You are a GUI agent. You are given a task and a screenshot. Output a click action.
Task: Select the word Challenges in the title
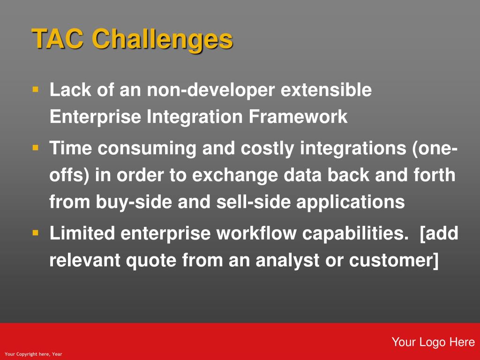pyautogui.click(x=162, y=39)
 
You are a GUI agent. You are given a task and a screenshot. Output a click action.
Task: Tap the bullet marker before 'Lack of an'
pyautogui.click(x=36, y=90)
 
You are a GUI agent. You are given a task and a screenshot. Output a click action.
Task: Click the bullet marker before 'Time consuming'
pyautogui.click(x=36, y=148)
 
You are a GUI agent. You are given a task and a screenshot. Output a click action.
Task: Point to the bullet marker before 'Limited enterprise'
pyautogui.click(x=36, y=233)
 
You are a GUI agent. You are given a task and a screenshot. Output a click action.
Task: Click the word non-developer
pyautogui.click(x=210, y=90)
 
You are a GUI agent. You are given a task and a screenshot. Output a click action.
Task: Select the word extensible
pyautogui.click(x=326, y=90)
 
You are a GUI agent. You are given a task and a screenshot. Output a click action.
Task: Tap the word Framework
pyautogui.click(x=298, y=116)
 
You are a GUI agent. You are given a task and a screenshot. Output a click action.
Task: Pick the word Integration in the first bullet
pyautogui.click(x=195, y=117)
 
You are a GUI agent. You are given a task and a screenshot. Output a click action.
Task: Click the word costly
pyautogui.click(x=267, y=149)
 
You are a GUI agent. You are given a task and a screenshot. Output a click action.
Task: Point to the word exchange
pyautogui.click(x=235, y=175)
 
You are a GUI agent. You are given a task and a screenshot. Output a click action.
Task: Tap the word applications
pyautogui.click(x=351, y=202)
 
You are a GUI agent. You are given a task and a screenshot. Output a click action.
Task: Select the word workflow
pyautogui.click(x=256, y=233)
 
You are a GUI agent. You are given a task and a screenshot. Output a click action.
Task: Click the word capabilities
pyautogui.click(x=355, y=234)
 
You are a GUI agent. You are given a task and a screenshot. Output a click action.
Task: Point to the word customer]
pyautogui.click(x=394, y=261)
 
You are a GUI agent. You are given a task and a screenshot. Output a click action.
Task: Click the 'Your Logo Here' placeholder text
pyautogui.click(x=433, y=342)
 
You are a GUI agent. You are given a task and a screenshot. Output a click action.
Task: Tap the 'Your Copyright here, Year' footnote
pyautogui.click(x=33, y=354)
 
